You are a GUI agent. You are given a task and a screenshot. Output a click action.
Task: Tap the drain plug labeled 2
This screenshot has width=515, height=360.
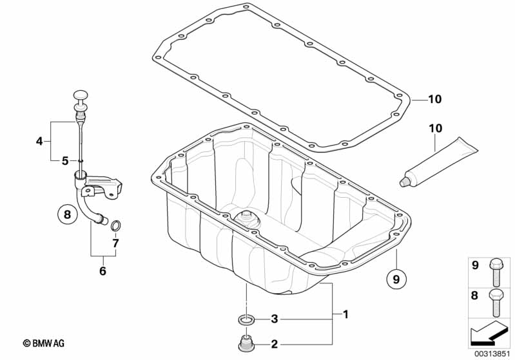[246, 343]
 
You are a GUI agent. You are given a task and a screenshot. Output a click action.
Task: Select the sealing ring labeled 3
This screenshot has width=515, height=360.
[246, 319]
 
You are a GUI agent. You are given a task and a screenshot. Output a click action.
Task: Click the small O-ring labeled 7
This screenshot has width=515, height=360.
[115, 225]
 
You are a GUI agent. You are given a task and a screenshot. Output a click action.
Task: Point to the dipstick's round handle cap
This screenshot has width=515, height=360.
[81, 95]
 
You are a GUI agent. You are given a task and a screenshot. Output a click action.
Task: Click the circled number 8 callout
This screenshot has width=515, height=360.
[67, 214]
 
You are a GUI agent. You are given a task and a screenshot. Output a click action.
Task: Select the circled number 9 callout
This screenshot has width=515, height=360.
[396, 279]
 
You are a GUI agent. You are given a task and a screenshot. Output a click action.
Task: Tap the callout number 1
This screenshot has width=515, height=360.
[345, 314]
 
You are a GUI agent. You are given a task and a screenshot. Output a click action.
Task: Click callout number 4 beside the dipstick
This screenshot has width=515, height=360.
[39, 142]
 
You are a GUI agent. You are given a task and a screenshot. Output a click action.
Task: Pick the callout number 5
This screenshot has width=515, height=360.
[65, 161]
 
